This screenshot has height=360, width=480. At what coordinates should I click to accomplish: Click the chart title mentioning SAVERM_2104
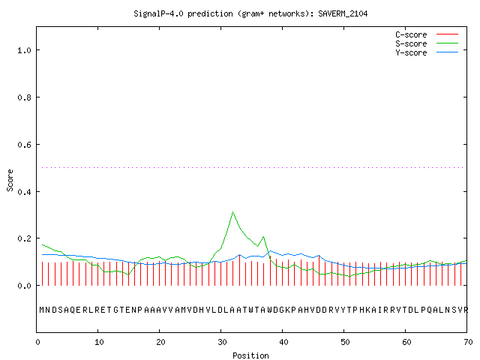pyautogui.click(x=250, y=13)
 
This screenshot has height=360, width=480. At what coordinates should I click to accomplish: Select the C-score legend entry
pyautogui.click(x=427, y=34)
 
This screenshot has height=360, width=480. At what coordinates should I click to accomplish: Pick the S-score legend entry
pyautogui.click(x=427, y=43)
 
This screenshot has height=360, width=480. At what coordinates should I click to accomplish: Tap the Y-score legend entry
pyautogui.click(x=427, y=52)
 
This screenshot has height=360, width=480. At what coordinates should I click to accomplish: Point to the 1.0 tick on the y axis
pyautogui.click(x=25, y=50)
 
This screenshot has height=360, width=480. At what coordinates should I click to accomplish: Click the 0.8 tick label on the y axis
pyautogui.click(x=25, y=97)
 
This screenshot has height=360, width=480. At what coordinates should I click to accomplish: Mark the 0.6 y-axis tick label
pyautogui.click(x=25, y=145)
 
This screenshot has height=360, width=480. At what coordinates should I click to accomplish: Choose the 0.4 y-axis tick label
pyautogui.click(x=25, y=192)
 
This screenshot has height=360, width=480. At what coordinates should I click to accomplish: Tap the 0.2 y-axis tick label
pyautogui.click(x=25, y=238)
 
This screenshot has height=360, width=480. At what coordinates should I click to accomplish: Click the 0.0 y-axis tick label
pyautogui.click(x=25, y=286)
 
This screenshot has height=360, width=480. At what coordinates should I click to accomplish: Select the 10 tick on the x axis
pyautogui.click(x=99, y=342)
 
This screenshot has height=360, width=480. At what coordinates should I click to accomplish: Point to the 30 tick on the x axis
pyautogui.click(x=222, y=342)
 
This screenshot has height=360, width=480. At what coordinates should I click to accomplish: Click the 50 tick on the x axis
pyautogui.click(x=345, y=342)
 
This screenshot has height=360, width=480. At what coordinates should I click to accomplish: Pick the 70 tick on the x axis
pyautogui.click(x=468, y=342)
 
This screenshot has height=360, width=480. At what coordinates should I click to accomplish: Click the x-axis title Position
pyautogui.click(x=250, y=355)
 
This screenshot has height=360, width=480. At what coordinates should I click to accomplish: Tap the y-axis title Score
pyautogui.click(x=10, y=180)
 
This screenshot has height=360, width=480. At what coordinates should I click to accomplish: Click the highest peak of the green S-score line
pyautogui.click(x=233, y=211)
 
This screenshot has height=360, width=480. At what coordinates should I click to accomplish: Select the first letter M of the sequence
pyautogui.click(x=42, y=310)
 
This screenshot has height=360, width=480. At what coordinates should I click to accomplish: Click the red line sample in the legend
pyautogui.click(x=447, y=34)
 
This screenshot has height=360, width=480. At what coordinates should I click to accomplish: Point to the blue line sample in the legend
pyautogui.click(x=447, y=52)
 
